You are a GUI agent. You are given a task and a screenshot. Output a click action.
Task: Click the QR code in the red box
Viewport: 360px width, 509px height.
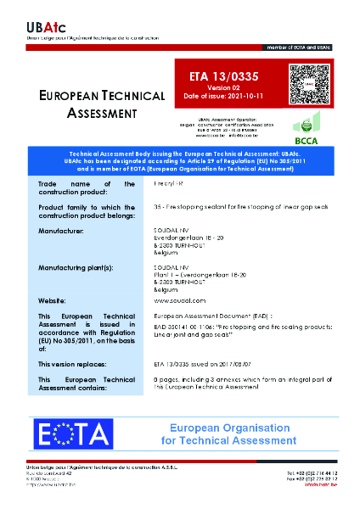point(308,85)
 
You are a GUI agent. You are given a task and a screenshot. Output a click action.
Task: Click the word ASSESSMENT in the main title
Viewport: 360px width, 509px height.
point(101,114)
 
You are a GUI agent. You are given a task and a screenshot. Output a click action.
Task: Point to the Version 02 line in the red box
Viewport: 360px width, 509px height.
point(219,87)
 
